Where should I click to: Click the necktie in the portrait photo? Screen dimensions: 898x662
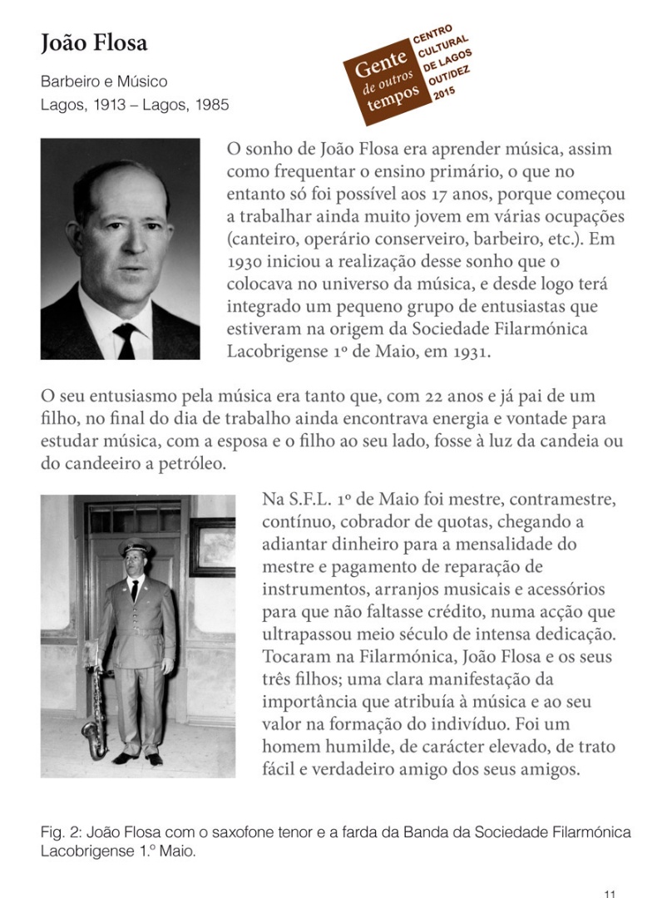pyautogui.click(x=126, y=339)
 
